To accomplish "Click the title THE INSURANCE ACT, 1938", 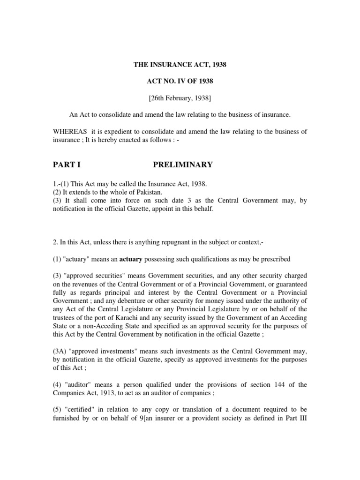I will tap(180, 64).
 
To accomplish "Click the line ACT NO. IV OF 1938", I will tap(180, 81).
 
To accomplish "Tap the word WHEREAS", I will tap(67, 132).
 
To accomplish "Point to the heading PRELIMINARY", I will tap(183, 165).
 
